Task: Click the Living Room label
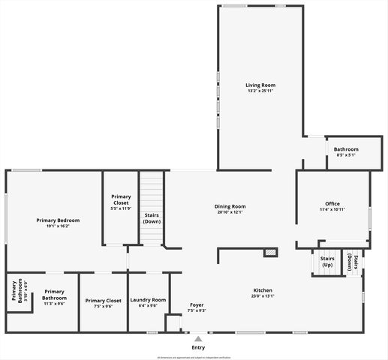260,85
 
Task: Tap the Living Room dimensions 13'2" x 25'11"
260,91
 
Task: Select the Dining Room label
230,206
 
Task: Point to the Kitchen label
263,290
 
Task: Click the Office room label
332,203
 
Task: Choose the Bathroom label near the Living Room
346,149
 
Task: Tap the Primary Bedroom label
58,220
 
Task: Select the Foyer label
197,304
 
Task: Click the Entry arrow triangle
198,338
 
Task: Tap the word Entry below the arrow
198,347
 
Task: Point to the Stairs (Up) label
327,262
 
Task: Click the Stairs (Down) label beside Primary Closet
152,218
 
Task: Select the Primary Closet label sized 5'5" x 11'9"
121,199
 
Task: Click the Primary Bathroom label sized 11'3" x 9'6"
54,294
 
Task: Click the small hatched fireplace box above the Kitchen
270,253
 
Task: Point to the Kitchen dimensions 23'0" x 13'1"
263,296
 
